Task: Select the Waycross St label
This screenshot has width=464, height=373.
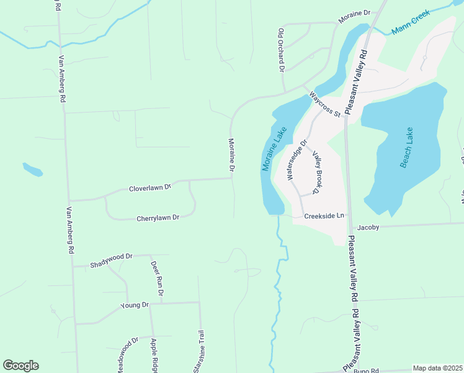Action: (325, 104)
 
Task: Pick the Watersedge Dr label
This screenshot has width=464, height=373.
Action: (296, 160)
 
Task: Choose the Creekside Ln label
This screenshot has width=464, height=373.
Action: (324, 216)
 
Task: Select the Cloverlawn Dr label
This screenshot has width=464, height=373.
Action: (149, 188)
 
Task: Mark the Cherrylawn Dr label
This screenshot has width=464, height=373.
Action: (158, 218)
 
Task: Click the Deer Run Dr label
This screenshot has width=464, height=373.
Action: (156, 278)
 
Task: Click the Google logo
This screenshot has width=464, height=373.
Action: (20, 366)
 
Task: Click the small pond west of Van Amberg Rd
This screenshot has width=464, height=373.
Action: (33, 169)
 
